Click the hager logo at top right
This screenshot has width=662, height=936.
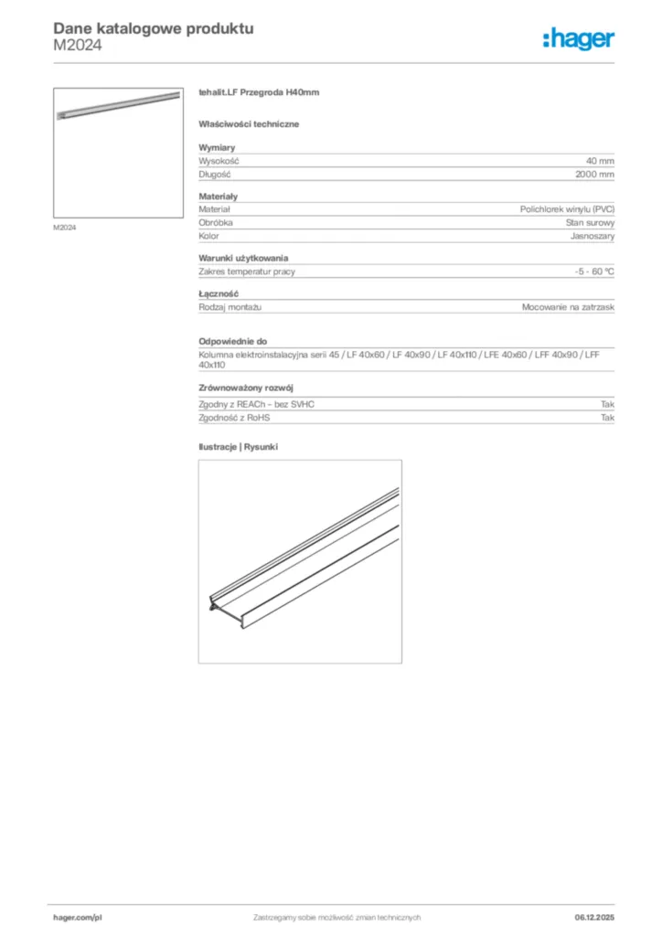pyautogui.click(x=578, y=37)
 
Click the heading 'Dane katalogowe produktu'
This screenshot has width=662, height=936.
pyautogui.click(x=154, y=28)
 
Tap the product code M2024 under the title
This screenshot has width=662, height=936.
pyautogui.click(x=78, y=45)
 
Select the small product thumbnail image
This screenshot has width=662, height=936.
pyautogui.click(x=119, y=152)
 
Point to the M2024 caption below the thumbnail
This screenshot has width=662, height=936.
pyautogui.click(x=64, y=228)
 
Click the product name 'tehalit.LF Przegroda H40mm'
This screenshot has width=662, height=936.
pyautogui.click(x=258, y=92)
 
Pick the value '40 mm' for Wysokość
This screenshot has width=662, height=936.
pyautogui.click(x=600, y=160)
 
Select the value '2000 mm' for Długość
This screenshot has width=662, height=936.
pyautogui.click(x=594, y=173)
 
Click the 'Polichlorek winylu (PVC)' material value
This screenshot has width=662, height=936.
pyautogui.click(x=567, y=209)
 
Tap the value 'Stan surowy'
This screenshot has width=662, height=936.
pyautogui.click(x=590, y=222)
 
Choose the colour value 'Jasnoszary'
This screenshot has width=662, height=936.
pyautogui.click(x=593, y=236)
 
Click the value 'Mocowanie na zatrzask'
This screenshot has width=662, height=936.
pyautogui.click(x=568, y=307)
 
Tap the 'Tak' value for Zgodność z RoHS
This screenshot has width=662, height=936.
pyautogui.click(x=607, y=417)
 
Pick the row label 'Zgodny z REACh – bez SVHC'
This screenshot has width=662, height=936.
pyautogui.click(x=256, y=403)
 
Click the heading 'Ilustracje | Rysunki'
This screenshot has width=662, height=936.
pyautogui.click(x=238, y=447)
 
